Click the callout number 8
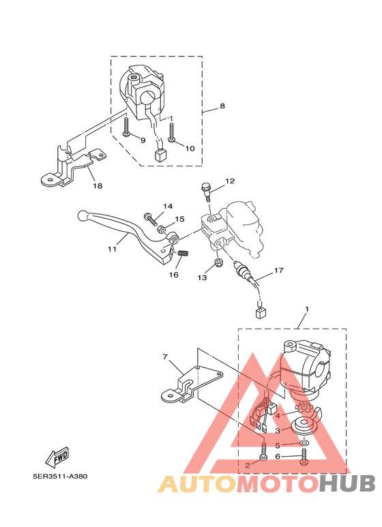pyautogui.click(x=222, y=106)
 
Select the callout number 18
pyautogui.click(x=98, y=185)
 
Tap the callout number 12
pyautogui.click(x=230, y=181)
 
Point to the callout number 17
pyautogui.click(x=278, y=271)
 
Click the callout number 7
pyautogui.click(x=165, y=357)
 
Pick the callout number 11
pyautogui.click(x=112, y=249)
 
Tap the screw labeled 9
pyautogui.click(x=127, y=127)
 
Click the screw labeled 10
pyautogui.click(x=171, y=132)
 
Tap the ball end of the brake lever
pyautogui.click(x=81, y=215)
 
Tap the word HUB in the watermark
pyautogui.click(x=347, y=483)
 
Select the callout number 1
pyautogui.click(x=306, y=310)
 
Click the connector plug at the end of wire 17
pyautogui.click(x=259, y=313)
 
